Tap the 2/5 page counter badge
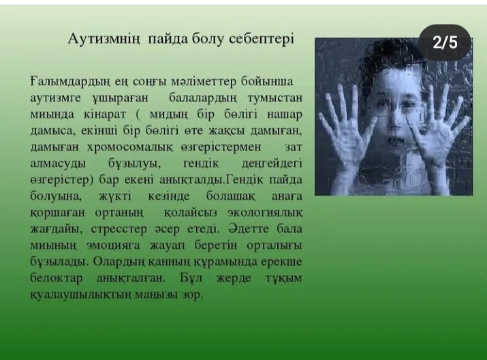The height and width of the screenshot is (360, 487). (445, 42)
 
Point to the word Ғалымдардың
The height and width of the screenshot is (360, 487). (70, 82)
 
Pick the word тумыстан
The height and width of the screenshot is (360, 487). (275, 98)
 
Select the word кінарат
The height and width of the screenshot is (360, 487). (105, 115)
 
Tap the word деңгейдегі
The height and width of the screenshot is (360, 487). (272, 164)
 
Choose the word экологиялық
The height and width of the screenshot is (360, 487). (265, 213)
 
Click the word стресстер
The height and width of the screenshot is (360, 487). (119, 229)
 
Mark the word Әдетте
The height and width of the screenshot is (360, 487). (249, 229)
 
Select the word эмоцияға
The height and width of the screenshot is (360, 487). (113, 245)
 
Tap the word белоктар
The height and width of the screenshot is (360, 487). (57, 277)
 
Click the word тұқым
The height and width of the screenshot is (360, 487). (283, 278)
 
